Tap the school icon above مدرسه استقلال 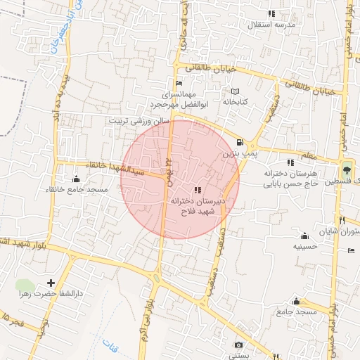pyautogui.click(x=271, y=14)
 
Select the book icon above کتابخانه pyautogui.click(x=236, y=91)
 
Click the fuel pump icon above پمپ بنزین pyautogui.click(x=241, y=141)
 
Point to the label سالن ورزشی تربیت pyautogui.click(x=139, y=120)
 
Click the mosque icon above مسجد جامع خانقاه pyautogui.click(x=77, y=179)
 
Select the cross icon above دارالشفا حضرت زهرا pyautogui.click(x=49, y=282)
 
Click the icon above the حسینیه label pyautogui.click(x=304, y=236)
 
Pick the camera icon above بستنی pyautogui.click(x=239, y=345)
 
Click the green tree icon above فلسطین pyautogui.click(x=345, y=169)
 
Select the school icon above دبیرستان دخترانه pyautogui.click(x=196, y=190)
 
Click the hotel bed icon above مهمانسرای pyautogui.click(x=178, y=83)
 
